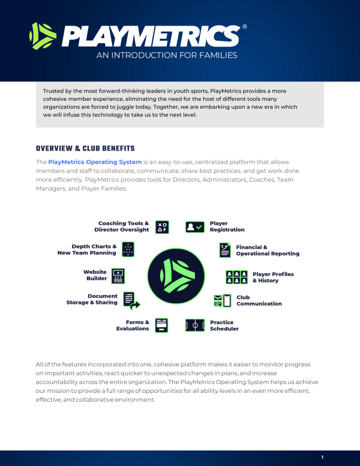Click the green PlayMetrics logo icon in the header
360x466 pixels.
pyautogui.click(x=43, y=36)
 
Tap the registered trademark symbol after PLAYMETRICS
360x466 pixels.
pyautogui.click(x=245, y=27)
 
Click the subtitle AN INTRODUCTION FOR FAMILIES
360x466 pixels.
pyautogui.click(x=167, y=55)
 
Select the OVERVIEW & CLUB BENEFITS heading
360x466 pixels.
pyautogui.click(x=85, y=148)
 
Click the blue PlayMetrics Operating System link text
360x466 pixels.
pyautogui.click(x=95, y=162)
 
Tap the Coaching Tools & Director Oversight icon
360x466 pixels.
pyautogui.click(x=162, y=227)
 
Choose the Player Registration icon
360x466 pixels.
pyautogui.click(x=195, y=227)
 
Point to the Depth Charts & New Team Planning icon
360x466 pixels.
pyautogui.click(x=128, y=249)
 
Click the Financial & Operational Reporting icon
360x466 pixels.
pyautogui.click(x=225, y=250)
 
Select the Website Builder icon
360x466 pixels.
pyautogui.click(x=118, y=275)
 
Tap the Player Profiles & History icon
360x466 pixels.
pyautogui.click(x=236, y=277)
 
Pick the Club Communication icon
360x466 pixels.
pyautogui.click(x=222, y=301)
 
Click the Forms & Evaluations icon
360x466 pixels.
pyautogui.click(x=161, y=325)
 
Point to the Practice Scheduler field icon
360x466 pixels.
pyautogui.click(x=195, y=325)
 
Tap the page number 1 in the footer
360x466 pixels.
pyautogui.click(x=322, y=457)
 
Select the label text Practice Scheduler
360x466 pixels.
pyautogui.click(x=224, y=325)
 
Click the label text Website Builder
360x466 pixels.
pyautogui.click(x=95, y=275)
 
